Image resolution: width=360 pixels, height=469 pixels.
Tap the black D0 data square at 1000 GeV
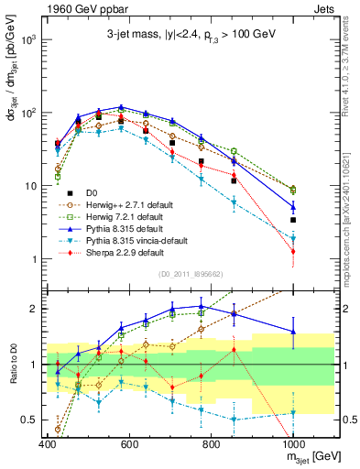coord(293,220)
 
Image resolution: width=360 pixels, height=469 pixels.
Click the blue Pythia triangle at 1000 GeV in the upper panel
coord(293,206)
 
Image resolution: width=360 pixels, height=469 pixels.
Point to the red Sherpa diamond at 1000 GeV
coord(293,251)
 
